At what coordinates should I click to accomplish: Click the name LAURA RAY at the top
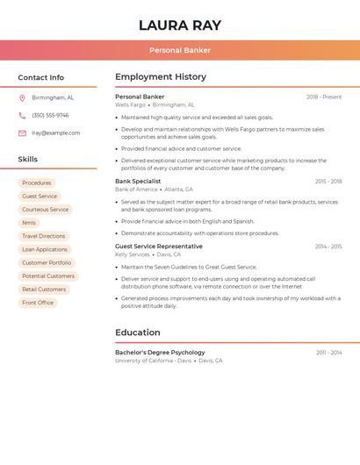pos(180,25)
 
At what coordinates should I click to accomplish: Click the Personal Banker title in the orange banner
pos(180,50)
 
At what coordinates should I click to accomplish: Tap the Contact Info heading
pos(41,77)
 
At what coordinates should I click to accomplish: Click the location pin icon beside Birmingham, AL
pos(22,98)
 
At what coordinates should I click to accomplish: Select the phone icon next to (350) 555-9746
pos(22,116)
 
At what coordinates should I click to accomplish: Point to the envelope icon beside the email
pos(22,133)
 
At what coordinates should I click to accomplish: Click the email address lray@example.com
pos(55,133)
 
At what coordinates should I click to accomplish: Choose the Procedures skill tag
pos(37,183)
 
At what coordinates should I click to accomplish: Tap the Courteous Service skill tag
pos(45,210)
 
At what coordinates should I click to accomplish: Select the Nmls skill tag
pos(29,223)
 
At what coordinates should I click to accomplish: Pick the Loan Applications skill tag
pos(45,249)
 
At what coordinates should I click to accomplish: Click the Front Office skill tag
pos(38,303)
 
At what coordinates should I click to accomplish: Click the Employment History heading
pos(161,77)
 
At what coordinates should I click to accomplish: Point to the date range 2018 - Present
pos(324,97)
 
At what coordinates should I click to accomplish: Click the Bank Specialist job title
pos(138,182)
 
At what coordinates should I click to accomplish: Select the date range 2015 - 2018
pos(328,182)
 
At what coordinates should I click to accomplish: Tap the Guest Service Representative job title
pos(159,247)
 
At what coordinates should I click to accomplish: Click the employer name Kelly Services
pos(133,254)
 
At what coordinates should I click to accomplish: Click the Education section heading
pos(138,333)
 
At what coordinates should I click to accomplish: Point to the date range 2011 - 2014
pos(329,353)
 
